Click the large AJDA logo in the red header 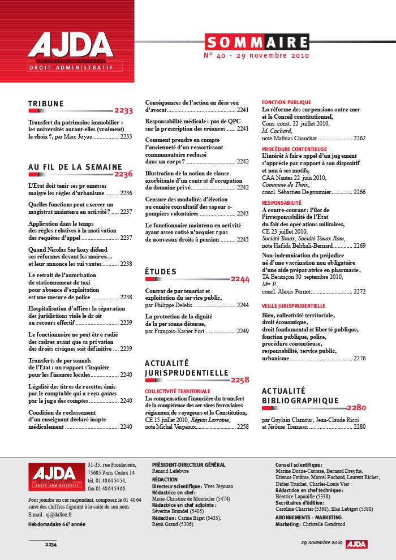point(70,46)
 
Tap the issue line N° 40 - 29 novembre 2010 point(256,57)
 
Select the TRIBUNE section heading point(46,104)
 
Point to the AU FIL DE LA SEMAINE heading point(75,167)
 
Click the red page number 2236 point(123,174)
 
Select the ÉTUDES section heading point(161,272)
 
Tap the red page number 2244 point(240,279)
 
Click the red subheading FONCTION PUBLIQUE point(282,102)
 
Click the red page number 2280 point(357,407)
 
